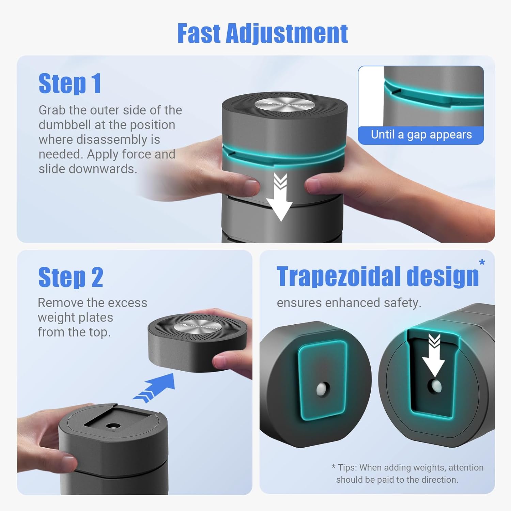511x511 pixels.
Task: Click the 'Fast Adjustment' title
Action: (x=262, y=33)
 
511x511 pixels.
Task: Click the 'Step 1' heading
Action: (x=70, y=83)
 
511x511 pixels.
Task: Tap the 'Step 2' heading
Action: (x=71, y=277)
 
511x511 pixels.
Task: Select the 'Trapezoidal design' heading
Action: (x=378, y=277)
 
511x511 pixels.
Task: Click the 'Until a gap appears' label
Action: (x=421, y=135)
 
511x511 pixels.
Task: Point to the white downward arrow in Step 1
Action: (x=280, y=197)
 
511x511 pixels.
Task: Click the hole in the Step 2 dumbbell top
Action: (x=113, y=426)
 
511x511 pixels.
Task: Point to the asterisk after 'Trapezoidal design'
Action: (x=482, y=262)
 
